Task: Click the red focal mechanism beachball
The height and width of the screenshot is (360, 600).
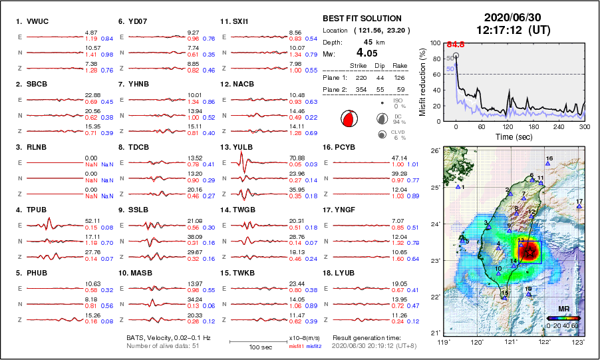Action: [x=349, y=119]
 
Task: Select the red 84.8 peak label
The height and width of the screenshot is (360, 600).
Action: [x=456, y=45]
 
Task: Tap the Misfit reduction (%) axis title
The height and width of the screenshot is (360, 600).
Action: [x=422, y=81]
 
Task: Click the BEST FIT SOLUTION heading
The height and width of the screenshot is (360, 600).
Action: [x=362, y=19]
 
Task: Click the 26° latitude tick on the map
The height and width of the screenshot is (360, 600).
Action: [x=434, y=151]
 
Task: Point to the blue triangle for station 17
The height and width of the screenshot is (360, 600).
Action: [x=579, y=206]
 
